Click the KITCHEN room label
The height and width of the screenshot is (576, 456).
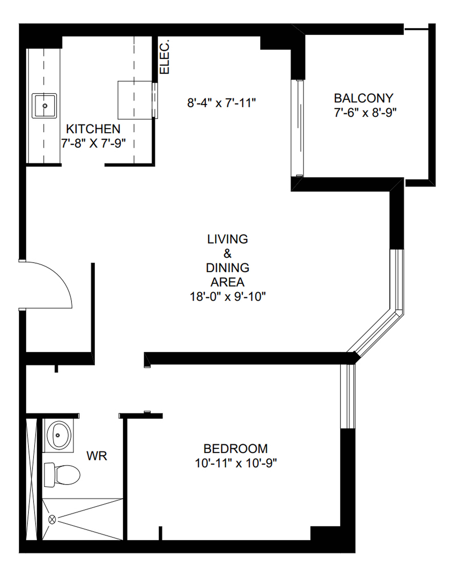click(x=93, y=129)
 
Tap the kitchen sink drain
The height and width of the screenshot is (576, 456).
click(x=45, y=106)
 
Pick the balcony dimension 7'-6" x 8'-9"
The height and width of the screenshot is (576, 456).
click(x=365, y=113)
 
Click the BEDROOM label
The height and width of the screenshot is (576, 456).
click(x=235, y=449)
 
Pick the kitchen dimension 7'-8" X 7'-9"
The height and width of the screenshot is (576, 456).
click(x=93, y=144)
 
